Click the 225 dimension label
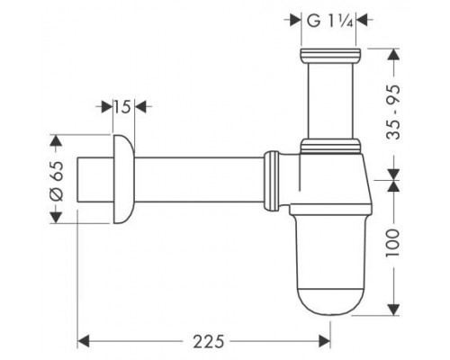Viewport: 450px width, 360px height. point(209,341)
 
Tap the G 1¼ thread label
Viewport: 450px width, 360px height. point(329,22)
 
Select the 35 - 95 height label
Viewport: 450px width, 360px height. point(393,112)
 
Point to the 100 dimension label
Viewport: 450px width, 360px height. point(393,242)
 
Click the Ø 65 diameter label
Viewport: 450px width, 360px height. point(57,181)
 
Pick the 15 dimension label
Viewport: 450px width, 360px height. point(122,107)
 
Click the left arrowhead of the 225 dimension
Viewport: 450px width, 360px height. point(84,341)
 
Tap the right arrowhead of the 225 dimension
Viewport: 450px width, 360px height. point(324,341)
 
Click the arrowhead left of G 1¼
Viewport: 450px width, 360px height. point(295,21)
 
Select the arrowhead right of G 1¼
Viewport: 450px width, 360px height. point(362,21)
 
